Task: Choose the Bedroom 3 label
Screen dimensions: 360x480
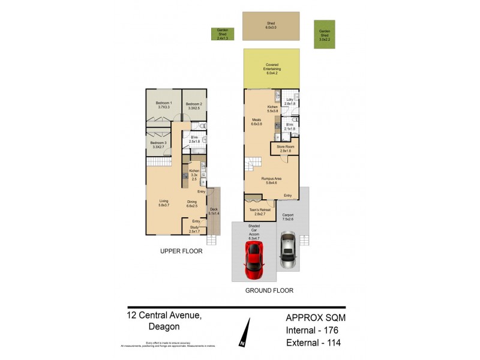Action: click(158, 144)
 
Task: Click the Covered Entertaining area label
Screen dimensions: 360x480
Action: click(272, 67)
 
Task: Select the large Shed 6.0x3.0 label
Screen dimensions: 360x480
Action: click(271, 26)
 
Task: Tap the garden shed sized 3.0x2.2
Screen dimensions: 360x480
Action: click(325, 34)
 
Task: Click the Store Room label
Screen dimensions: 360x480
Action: click(284, 148)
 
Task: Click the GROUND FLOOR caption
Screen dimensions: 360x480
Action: click(269, 290)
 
